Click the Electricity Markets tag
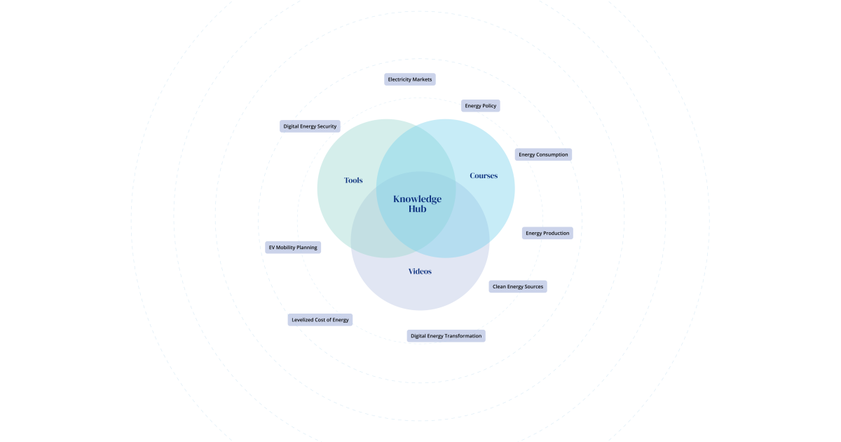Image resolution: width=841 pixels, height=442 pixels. tap(409, 79)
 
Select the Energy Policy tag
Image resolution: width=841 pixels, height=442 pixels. tap(481, 106)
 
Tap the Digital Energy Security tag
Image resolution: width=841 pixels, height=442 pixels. tap(310, 126)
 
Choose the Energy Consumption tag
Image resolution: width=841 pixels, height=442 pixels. tap(543, 154)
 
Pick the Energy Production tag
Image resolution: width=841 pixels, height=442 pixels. tap(547, 233)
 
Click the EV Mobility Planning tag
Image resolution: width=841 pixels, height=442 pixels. tap(293, 247)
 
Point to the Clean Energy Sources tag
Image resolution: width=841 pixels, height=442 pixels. tap(518, 286)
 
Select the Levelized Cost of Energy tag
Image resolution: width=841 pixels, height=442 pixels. tap(320, 320)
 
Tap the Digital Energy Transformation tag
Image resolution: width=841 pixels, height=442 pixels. tap(446, 336)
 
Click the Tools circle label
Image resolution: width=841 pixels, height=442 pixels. tap(353, 180)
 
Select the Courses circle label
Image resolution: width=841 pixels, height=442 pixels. tap(484, 175)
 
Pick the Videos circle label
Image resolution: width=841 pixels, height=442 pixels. tap(420, 272)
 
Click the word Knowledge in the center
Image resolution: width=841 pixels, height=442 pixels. tap(417, 199)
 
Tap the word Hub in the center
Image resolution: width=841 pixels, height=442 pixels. tap(417, 209)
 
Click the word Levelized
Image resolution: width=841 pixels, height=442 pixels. tap(303, 320)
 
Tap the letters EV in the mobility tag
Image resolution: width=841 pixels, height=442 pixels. tap(272, 247)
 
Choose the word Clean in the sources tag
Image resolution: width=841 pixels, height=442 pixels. tap(499, 286)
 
